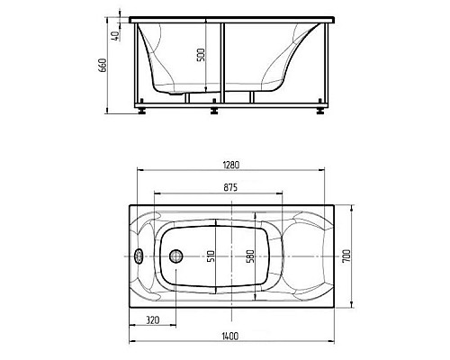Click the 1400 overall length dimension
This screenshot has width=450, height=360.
tap(231, 336)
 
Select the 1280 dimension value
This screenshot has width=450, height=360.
tap(231, 165)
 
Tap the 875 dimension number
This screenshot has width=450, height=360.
tap(230, 187)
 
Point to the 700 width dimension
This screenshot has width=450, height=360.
tap(346, 256)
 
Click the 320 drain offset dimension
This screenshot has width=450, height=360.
tap(153, 320)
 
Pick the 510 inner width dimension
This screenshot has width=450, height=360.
tap(211, 256)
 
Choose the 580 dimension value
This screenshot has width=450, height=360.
tap(250, 256)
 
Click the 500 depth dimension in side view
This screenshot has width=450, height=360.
tap(201, 55)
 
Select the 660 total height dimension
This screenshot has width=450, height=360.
tap(103, 65)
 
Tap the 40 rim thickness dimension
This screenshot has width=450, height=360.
tap(116, 35)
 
